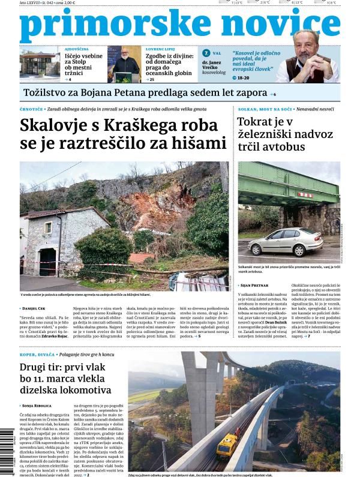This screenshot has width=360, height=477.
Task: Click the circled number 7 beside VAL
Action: [x=206, y=53]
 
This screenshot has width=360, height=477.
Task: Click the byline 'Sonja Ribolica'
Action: [x=37, y=406]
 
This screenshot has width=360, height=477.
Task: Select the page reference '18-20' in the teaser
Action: [x=243, y=78]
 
